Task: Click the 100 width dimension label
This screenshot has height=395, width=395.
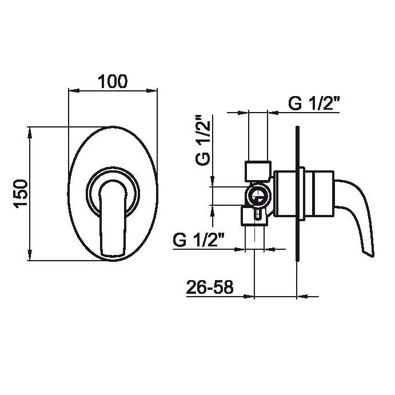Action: [x=113, y=81]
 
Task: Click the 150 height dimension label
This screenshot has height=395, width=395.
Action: [x=21, y=194]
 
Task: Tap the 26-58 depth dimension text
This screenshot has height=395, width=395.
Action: [x=210, y=287]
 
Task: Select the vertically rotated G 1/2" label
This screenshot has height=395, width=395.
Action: [x=203, y=140]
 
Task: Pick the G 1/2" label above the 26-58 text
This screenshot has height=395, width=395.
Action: [x=199, y=240]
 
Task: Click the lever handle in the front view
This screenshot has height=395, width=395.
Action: [x=113, y=218]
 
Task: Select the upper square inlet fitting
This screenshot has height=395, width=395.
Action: [x=258, y=171]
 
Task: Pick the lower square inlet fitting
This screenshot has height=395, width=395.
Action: [x=254, y=216]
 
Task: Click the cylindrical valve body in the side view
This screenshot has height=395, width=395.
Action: [x=304, y=194]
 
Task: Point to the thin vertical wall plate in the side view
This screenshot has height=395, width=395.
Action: [x=297, y=194]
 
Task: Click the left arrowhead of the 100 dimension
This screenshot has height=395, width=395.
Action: [x=74, y=90]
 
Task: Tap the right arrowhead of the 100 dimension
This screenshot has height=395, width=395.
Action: [x=151, y=90]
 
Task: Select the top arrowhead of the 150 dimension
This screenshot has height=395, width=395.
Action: [x=30, y=132]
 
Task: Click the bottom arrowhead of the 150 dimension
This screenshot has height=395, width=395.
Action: [x=30, y=255]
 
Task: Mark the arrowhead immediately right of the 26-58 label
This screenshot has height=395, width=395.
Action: [x=249, y=297]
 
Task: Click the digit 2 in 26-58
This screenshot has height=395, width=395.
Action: [x=191, y=287]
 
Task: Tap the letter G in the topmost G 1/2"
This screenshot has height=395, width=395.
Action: [x=295, y=103]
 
